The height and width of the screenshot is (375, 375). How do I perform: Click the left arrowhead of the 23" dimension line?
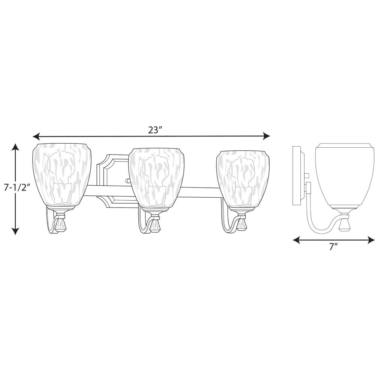click(36, 136)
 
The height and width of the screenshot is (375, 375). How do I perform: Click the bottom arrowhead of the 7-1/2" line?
click(15, 231)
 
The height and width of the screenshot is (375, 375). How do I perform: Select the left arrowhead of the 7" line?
click(296, 240)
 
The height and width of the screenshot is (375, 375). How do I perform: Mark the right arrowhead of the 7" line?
click(371, 240)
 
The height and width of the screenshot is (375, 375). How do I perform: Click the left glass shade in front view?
click(62, 175)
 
